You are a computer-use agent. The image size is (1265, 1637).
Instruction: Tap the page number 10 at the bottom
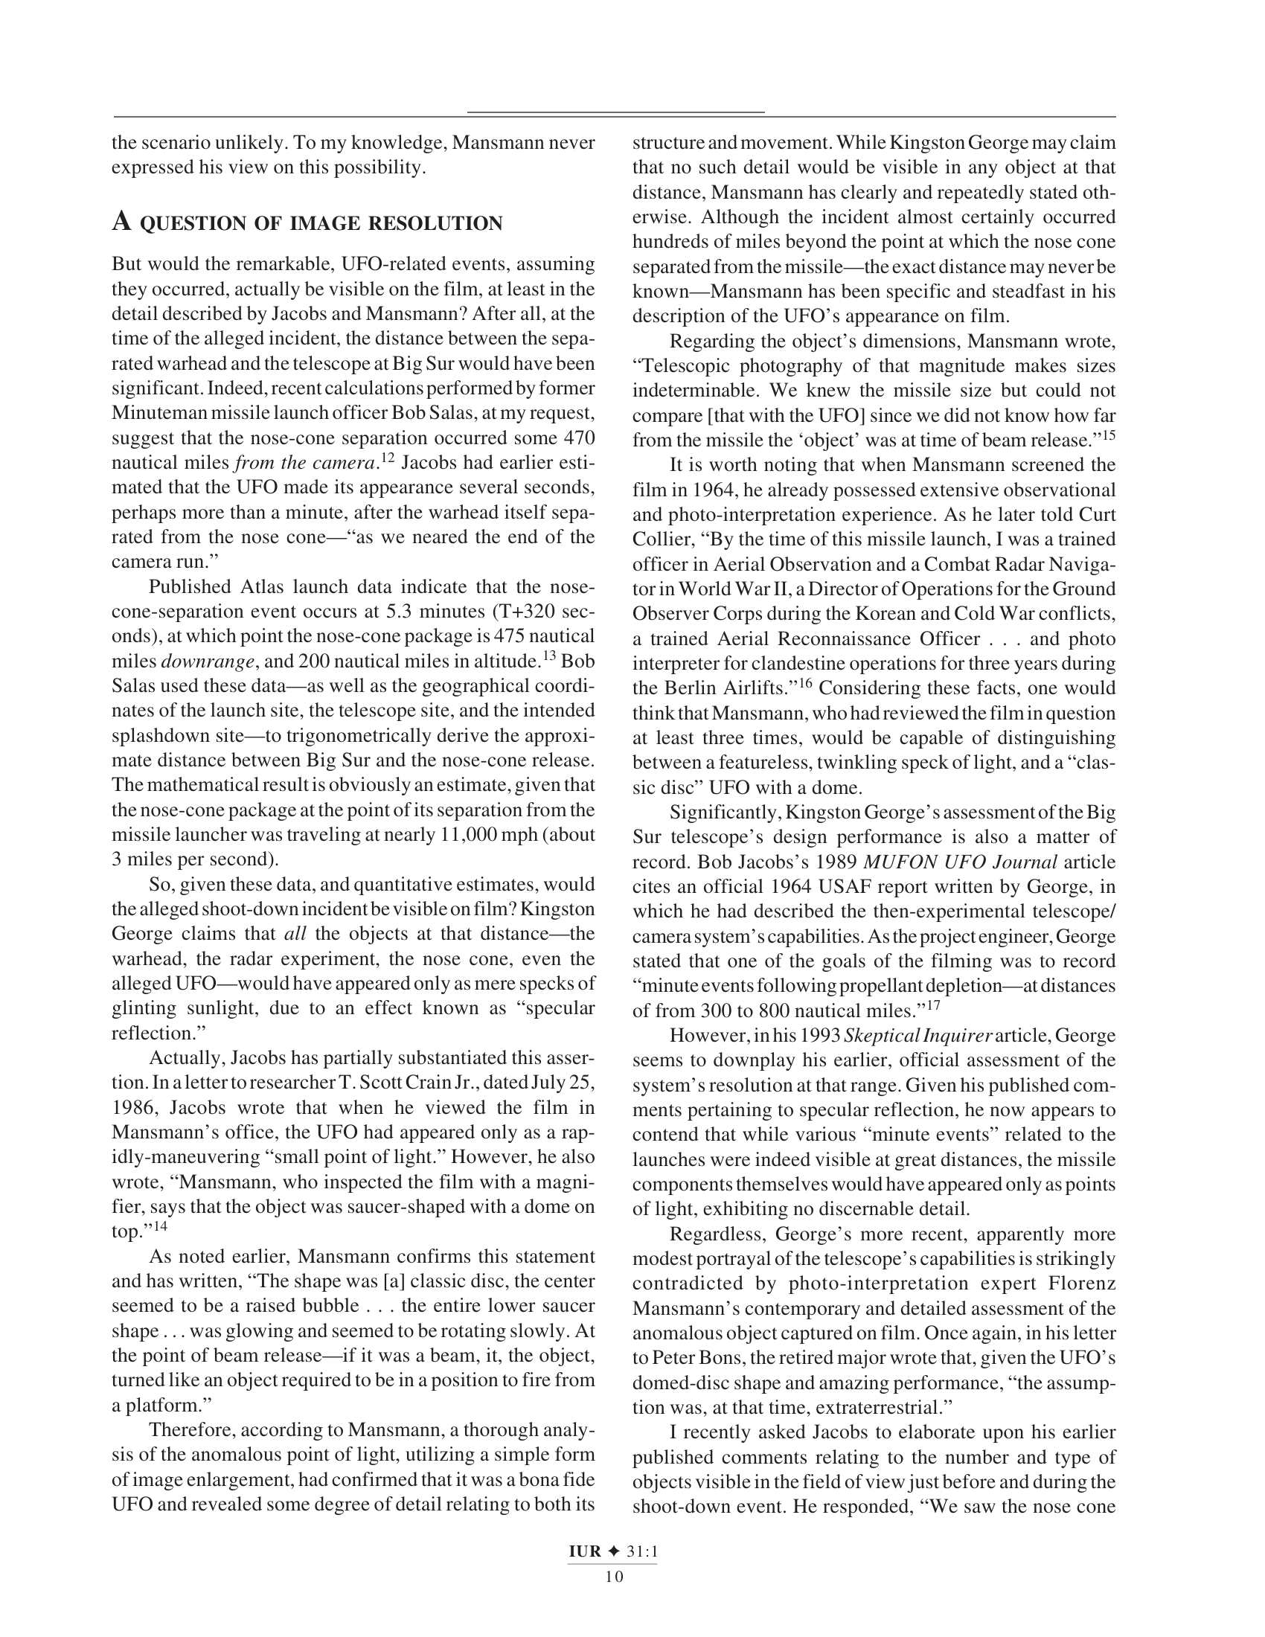[614, 1576]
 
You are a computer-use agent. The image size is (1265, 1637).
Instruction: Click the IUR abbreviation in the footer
[585, 1551]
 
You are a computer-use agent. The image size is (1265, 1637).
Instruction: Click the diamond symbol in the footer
[614, 1551]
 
